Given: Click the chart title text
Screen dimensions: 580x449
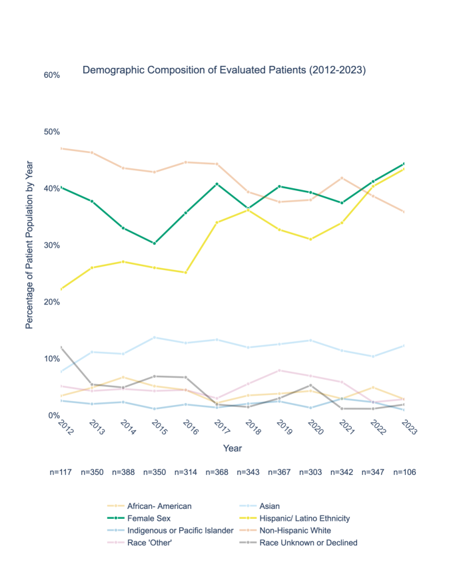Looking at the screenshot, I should [224, 70].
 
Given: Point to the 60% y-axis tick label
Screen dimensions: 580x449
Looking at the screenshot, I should [52, 75].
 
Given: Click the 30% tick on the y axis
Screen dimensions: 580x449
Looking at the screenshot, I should [52, 245].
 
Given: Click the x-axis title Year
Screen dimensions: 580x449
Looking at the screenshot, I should [232, 449].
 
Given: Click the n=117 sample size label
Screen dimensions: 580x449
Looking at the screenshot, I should [62, 472].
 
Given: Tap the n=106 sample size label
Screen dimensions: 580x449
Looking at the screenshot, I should [404, 472].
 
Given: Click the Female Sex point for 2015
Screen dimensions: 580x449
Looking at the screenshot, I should [155, 243].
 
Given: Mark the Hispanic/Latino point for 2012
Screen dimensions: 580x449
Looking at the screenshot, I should [61, 289].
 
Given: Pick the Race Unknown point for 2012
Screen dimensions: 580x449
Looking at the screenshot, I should [61, 347].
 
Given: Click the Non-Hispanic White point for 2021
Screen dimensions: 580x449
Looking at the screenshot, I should [342, 178].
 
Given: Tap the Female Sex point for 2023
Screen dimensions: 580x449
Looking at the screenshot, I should [404, 164].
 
